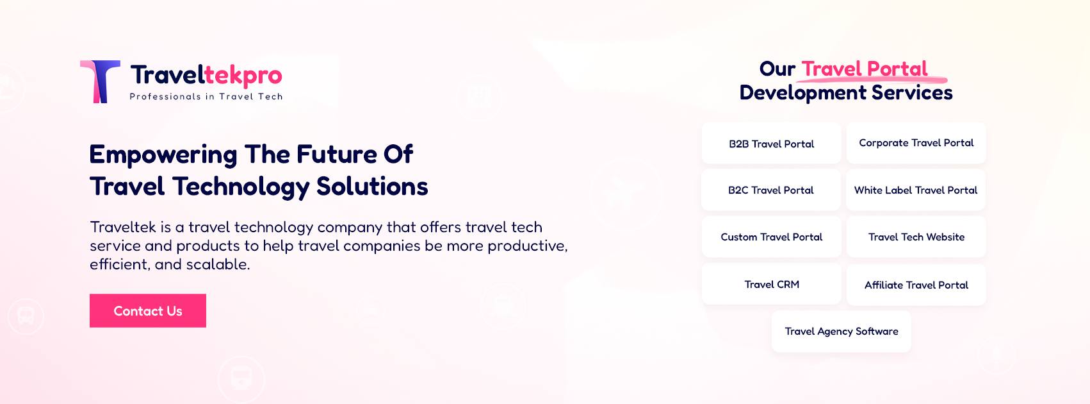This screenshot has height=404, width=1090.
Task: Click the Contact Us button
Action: pos(148,310)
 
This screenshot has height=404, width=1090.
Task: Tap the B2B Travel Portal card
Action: pos(771,143)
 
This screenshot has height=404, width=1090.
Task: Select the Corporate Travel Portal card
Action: pos(916,143)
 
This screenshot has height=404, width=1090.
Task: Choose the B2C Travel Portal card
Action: pos(771,190)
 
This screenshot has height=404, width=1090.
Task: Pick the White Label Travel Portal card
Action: pos(916,190)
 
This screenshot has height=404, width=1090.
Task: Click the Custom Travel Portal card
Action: pos(771,237)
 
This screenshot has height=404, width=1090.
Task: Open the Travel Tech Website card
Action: pos(916,237)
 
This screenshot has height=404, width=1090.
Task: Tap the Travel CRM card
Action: pos(771,284)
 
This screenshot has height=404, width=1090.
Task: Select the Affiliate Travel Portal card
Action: pos(916,285)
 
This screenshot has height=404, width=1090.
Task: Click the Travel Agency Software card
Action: pos(842,332)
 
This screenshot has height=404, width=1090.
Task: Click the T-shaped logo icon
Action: pos(101,81)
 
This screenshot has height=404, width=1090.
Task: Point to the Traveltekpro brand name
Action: pos(206,76)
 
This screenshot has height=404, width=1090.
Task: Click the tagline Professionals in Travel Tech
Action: pos(206,96)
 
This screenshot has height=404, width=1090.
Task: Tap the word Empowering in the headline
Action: pos(163,155)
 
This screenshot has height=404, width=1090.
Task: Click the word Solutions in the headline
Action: pos(372,186)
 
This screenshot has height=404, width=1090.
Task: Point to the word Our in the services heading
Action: pos(777,69)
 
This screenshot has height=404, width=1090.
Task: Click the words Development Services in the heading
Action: pos(846,92)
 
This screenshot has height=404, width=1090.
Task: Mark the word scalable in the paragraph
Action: pos(218,264)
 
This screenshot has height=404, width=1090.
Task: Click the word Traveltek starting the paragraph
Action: pos(123,227)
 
